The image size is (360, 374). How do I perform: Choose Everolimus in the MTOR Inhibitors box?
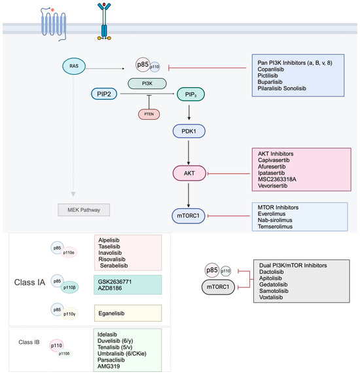coord(272,214)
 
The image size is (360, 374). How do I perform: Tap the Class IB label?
coord(31,341)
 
